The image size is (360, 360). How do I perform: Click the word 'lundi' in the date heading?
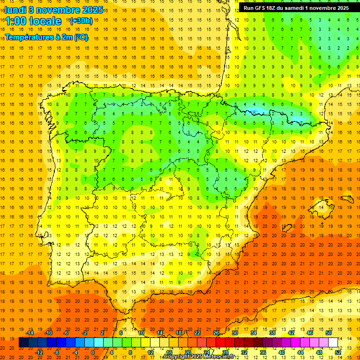(15, 10)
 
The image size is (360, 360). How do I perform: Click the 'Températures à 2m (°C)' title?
(46, 37)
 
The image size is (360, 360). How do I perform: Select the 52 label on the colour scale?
(338, 352)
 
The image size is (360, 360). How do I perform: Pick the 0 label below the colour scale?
(92, 352)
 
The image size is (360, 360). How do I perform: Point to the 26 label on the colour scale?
(216, 333)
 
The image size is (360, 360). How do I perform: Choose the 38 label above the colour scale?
(272, 333)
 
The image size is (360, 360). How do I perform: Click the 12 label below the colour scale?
(150, 352)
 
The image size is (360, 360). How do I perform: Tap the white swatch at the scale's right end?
(333, 343)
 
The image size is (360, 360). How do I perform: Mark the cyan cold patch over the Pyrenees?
(255, 111)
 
